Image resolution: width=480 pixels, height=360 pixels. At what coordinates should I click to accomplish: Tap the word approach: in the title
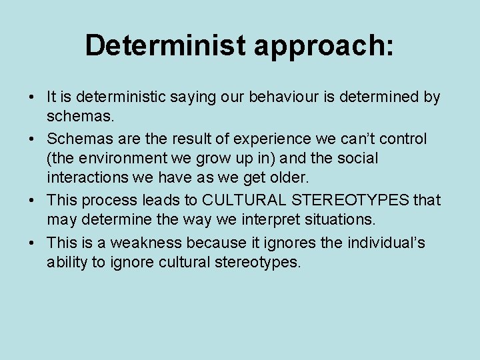point(323,47)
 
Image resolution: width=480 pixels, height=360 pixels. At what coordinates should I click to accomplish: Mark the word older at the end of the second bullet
point(289,179)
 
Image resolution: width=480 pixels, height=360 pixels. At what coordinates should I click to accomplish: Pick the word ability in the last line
point(67,263)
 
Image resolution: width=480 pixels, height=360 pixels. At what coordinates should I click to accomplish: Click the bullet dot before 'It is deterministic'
point(31,98)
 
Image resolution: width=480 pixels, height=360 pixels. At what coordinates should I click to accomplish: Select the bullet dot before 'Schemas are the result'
point(31,139)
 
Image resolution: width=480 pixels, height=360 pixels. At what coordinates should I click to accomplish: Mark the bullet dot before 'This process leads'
point(31,201)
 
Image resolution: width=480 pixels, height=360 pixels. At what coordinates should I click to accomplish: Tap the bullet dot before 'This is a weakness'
point(31,242)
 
